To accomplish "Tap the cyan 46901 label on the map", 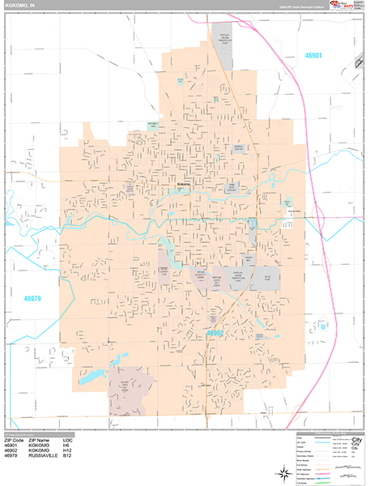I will coord(313,56).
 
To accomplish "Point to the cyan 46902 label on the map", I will coord(215,332).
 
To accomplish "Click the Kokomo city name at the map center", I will coord(182,185).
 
